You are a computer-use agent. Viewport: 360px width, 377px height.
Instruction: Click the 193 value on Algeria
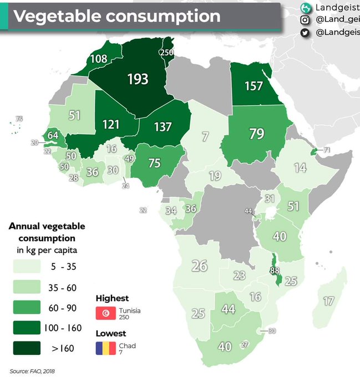138,79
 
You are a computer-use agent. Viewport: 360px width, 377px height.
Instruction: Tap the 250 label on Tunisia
166,52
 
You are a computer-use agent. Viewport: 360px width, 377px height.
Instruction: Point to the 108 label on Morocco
98,59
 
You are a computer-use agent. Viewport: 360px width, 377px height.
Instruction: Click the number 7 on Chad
205,136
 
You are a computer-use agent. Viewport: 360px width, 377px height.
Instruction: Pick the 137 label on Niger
163,126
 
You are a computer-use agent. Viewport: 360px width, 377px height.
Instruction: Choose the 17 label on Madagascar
328,302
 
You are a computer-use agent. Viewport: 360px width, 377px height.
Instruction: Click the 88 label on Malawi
275,271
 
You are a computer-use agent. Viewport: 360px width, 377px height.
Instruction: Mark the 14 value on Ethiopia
300,168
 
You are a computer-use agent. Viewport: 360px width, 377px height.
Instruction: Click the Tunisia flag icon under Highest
105,313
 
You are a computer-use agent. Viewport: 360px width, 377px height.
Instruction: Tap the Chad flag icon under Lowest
105,348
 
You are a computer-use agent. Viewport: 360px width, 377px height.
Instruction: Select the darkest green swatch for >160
27,348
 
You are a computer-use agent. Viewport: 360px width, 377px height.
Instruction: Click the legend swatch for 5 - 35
27,267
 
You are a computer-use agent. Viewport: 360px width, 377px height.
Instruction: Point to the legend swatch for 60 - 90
27,307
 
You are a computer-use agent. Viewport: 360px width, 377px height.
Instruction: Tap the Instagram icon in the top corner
305,20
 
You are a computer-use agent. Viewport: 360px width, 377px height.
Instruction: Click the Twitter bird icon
305,33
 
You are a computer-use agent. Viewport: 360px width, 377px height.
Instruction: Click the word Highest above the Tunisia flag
112,298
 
